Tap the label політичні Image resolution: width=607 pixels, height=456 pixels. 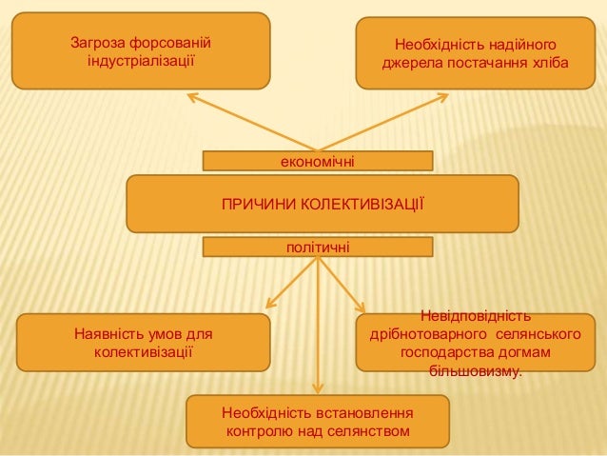[x=318, y=248]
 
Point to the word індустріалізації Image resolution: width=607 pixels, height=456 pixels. [x=141, y=62]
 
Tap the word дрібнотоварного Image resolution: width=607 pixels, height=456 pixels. [x=426, y=335]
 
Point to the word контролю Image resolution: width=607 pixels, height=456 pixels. [x=257, y=433]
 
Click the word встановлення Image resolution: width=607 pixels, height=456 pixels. [x=362, y=415]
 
